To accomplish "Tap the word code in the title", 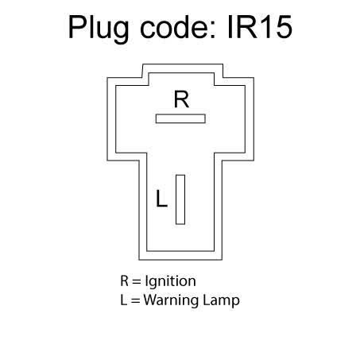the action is (x=173, y=27).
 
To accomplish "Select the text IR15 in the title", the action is (x=260, y=27).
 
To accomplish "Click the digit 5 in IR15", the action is (x=283, y=27).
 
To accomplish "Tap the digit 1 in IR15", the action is (x=265, y=27).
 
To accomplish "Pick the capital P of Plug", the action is (x=77, y=27).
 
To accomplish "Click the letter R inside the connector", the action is (x=181, y=99).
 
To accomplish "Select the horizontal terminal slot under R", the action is (x=180, y=118).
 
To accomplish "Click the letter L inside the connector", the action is (x=161, y=198).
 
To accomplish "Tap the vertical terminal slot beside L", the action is (x=180, y=199).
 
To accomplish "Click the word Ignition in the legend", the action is (x=170, y=281).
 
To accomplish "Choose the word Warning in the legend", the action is (x=172, y=301).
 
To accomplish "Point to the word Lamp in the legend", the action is (x=221, y=301).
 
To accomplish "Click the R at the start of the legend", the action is (x=124, y=281).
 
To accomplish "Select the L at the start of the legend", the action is (x=124, y=300).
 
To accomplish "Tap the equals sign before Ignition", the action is (x=137, y=281).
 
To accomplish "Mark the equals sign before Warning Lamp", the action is (x=135, y=300).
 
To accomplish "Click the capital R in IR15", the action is (x=246, y=27).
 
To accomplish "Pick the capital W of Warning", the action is (x=150, y=300).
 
